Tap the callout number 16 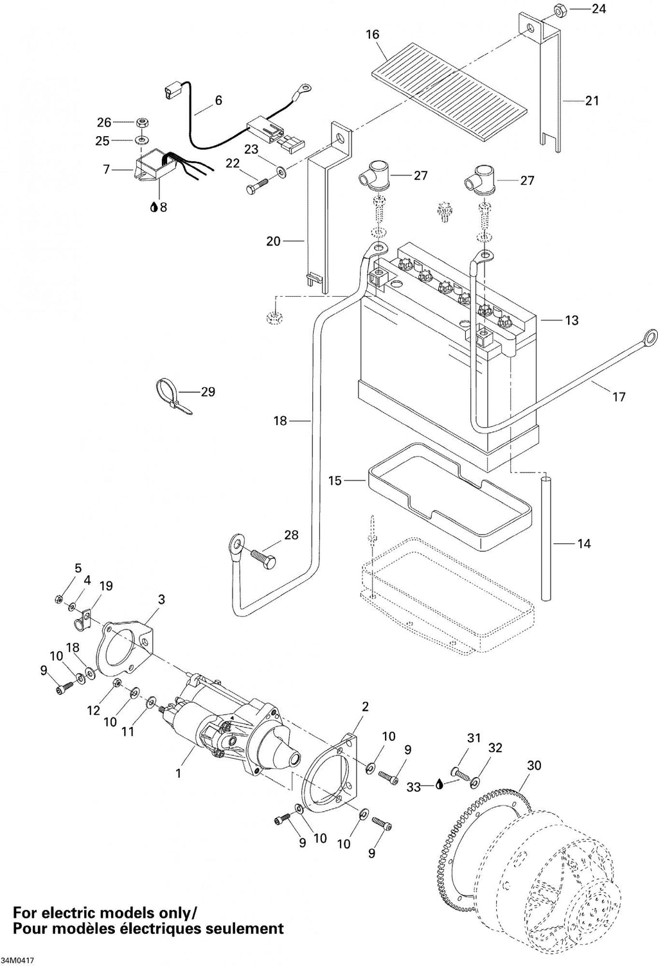tap(372, 34)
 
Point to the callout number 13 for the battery tap(572, 321)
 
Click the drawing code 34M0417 tap(17, 960)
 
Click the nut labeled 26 tap(140, 123)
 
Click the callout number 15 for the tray tap(335, 480)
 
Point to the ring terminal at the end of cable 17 tap(650, 336)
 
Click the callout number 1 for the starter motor tap(178, 774)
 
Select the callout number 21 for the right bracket tap(592, 100)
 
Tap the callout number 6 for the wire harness tap(218, 100)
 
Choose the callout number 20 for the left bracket tap(273, 241)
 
